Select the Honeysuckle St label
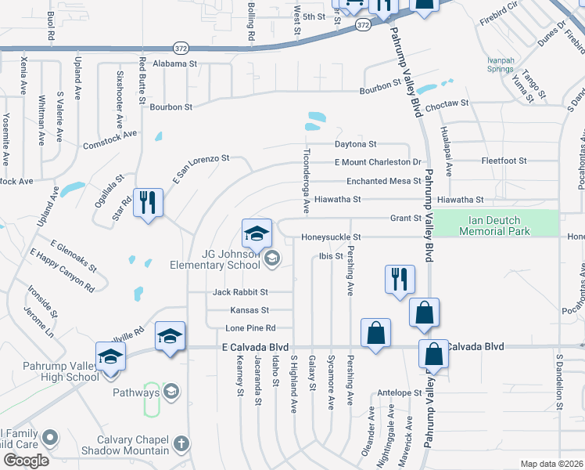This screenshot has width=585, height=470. [x=332, y=237]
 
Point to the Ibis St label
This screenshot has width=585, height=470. [x=332, y=256]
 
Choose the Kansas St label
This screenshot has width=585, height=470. [x=249, y=310]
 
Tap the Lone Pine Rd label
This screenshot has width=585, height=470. [x=249, y=328]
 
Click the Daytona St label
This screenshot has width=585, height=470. [x=356, y=145]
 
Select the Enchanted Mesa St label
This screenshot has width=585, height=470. [x=379, y=181]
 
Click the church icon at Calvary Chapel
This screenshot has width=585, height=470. [x=181, y=444]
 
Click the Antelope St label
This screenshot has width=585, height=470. [x=400, y=392]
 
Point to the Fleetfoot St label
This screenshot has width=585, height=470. [x=504, y=161]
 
